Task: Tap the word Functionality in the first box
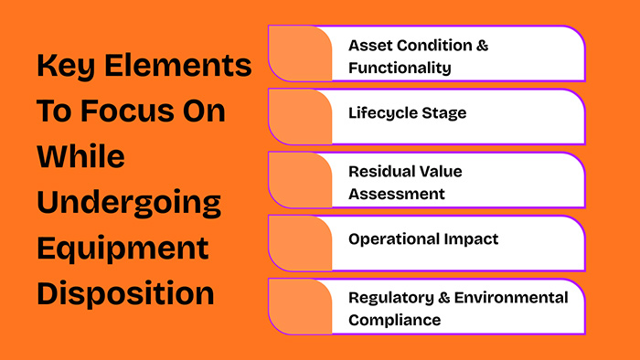[400, 67]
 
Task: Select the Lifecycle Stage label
[407, 113]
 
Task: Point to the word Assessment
[396, 193]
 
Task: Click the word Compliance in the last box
[394, 320]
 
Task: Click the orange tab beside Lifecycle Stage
[300, 116]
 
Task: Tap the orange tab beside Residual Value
[300, 180]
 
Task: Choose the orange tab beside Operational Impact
[300, 243]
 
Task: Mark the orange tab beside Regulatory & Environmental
[300, 306]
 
